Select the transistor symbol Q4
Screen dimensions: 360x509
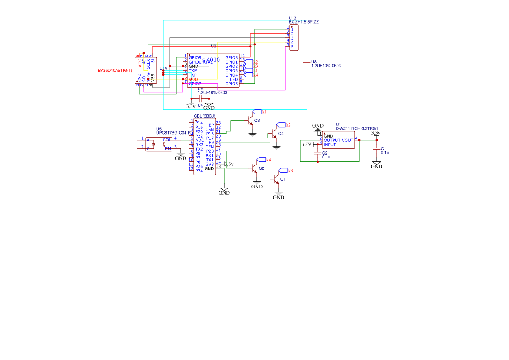[x=274, y=133]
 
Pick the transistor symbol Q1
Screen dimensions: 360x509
[x=276, y=179]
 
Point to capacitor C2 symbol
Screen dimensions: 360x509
[x=318, y=153]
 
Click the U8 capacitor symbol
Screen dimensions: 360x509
[x=307, y=62]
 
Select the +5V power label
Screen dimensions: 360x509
[x=307, y=144]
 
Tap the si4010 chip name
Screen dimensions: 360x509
[x=212, y=60]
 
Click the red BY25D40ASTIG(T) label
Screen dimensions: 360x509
[x=115, y=70]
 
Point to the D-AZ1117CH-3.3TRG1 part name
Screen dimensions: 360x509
[x=356, y=128]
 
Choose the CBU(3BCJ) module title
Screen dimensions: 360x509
[x=204, y=116]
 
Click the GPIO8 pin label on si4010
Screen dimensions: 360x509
[x=231, y=57]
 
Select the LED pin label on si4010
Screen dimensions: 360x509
[x=234, y=79]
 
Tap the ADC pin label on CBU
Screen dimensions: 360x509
[x=199, y=140]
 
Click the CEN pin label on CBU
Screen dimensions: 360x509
[x=210, y=147]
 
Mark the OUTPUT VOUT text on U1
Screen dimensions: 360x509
[x=338, y=140]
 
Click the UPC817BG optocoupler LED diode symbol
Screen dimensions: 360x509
[x=153, y=144]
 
